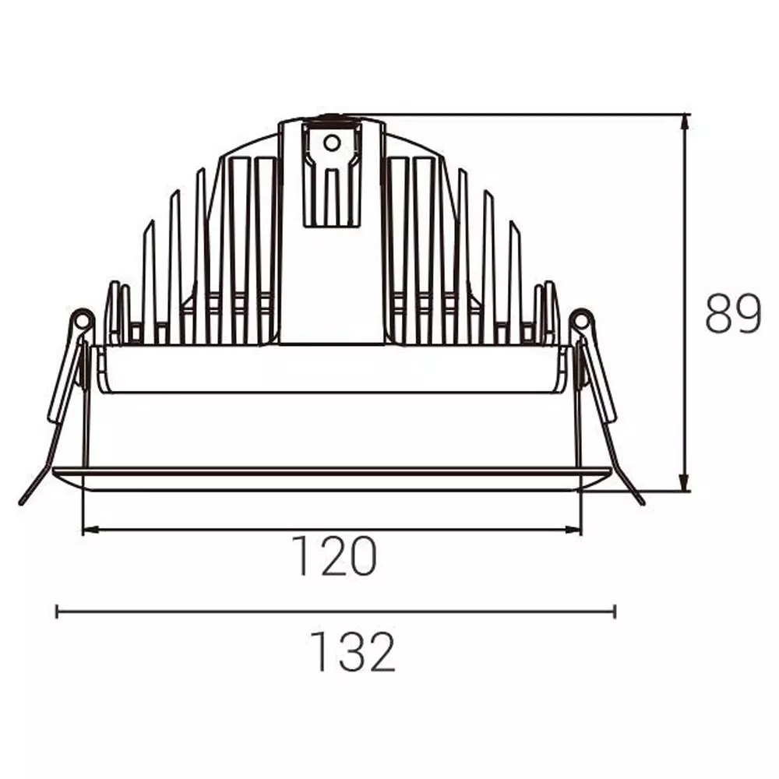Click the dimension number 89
point(733,313)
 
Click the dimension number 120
point(334,555)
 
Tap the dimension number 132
point(352,651)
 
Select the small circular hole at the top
point(331,143)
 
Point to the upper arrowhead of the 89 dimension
point(685,122)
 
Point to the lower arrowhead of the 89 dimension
point(685,484)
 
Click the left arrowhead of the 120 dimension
point(91,530)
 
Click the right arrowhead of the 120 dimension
point(573,530)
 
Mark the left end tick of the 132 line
point(57,611)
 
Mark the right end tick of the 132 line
point(615,611)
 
